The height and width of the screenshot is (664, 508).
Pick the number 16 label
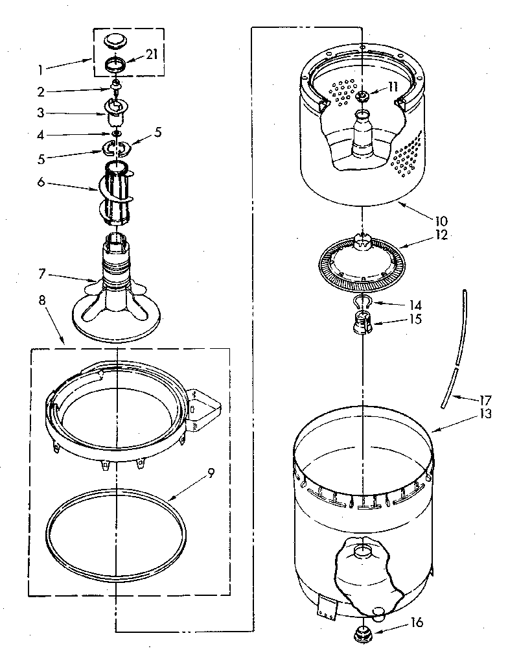click(416, 622)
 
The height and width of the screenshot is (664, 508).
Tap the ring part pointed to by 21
click(116, 66)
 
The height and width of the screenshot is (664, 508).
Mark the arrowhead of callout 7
click(97, 281)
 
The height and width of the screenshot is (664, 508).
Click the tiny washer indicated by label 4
click(117, 134)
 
